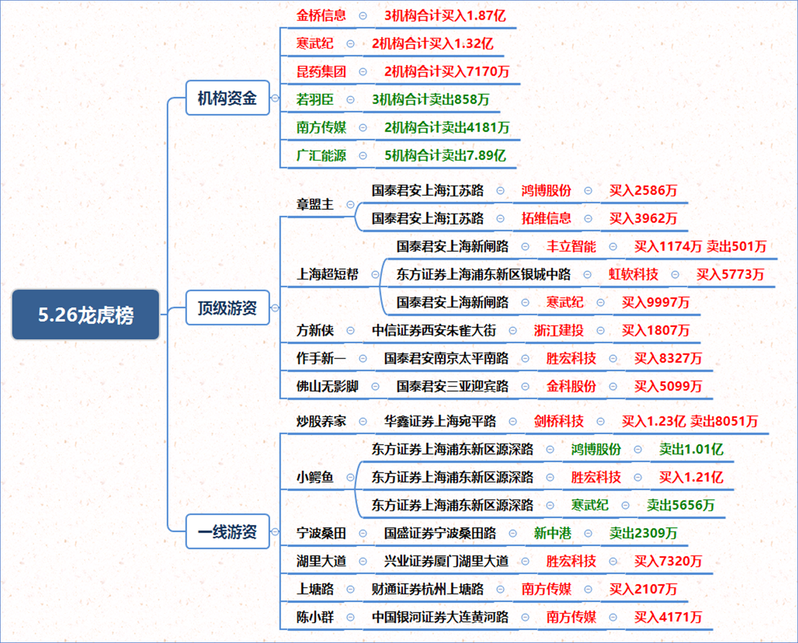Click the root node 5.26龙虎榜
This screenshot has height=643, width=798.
[x=86, y=315]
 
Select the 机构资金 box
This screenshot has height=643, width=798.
[x=227, y=98]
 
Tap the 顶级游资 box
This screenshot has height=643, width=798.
[x=227, y=308]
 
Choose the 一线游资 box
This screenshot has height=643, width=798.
[x=227, y=532]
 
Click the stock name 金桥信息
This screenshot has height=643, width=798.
[x=321, y=15]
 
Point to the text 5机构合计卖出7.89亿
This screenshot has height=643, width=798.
[x=445, y=155]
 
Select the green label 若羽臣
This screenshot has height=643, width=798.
[x=315, y=99]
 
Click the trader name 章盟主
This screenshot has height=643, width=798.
[x=315, y=204]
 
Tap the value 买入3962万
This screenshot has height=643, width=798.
[x=644, y=218]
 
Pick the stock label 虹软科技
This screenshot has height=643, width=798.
[x=634, y=274]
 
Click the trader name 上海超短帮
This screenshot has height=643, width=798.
[x=327, y=274]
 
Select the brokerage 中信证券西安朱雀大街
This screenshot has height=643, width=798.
[x=434, y=330]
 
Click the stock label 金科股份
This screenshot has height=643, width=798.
[x=571, y=386]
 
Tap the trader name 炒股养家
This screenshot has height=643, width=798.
[x=321, y=421]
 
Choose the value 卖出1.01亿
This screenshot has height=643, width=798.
[x=691, y=449]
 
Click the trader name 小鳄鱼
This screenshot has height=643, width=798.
[x=315, y=477]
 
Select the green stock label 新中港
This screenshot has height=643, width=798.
[x=552, y=533]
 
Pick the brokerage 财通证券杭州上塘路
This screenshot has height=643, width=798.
[x=427, y=589]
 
